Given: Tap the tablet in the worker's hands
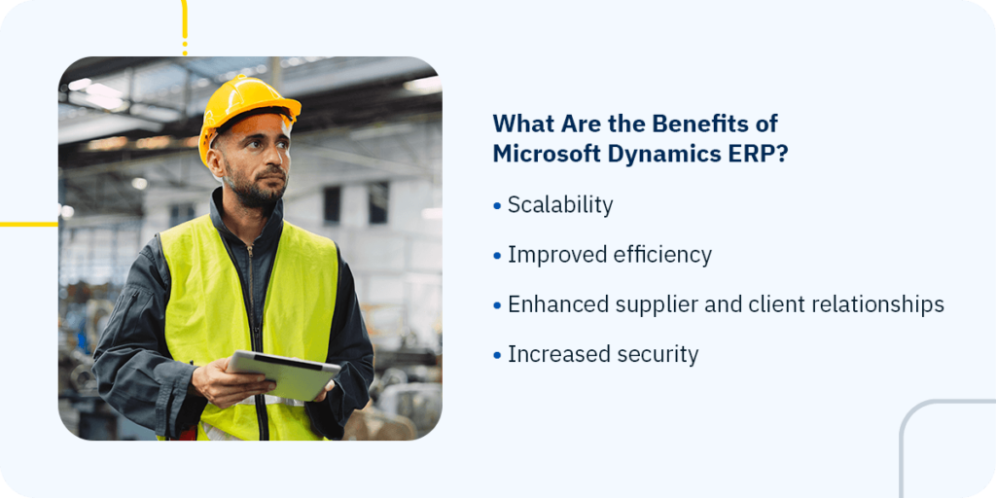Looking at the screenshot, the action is (283, 374).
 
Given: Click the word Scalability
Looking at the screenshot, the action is (560, 206).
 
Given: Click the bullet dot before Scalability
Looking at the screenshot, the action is (497, 207).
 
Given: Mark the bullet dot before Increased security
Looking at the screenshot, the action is (497, 356).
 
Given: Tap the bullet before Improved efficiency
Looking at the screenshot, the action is (497, 256).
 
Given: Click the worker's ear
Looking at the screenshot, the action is (216, 163).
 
